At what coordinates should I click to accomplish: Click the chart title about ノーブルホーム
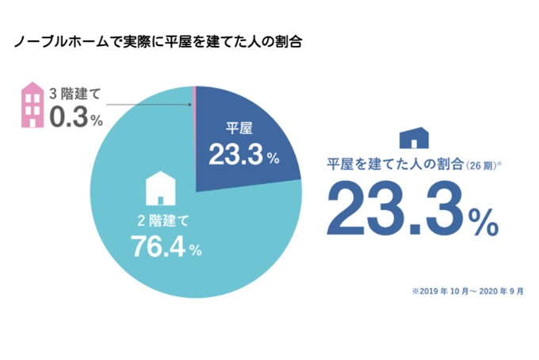pyautogui.click(x=158, y=40)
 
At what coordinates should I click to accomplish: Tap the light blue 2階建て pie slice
pyautogui.click(x=143, y=254)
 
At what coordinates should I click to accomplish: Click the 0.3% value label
pyautogui.click(x=76, y=119)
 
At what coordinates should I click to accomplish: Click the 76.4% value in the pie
pyautogui.click(x=167, y=247)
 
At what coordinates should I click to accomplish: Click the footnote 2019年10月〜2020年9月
pyautogui.click(x=467, y=293)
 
